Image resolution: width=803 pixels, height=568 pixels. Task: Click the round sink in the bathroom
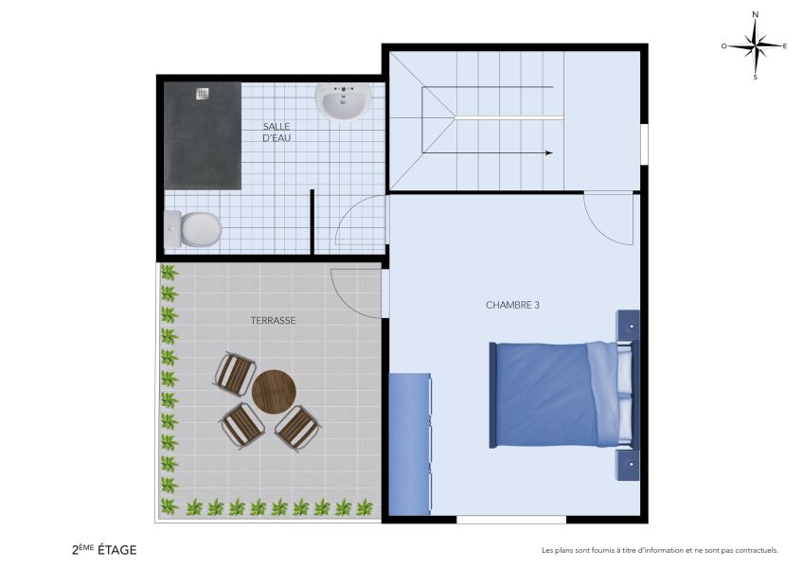coord(342,102)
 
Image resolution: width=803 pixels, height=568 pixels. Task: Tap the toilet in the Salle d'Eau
coord(196,228)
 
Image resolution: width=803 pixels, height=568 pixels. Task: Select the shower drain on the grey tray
coord(202,94)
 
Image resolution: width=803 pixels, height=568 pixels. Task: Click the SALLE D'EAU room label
coord(277,133)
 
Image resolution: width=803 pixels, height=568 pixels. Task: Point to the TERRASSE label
coord(273,320)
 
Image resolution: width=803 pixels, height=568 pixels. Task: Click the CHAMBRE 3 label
coord(512,305)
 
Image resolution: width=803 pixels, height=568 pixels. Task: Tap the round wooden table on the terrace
coord(274,391)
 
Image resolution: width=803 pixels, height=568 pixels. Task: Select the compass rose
coord(755,44)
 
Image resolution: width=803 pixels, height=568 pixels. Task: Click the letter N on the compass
coord(755,15)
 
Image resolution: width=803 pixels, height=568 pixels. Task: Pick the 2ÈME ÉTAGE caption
coord(104,549)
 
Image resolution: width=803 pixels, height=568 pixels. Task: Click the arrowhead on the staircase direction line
coord(548,151)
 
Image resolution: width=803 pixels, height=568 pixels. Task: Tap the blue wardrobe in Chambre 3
coord(410,444)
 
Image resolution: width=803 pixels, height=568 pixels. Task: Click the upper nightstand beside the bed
coord(629,325)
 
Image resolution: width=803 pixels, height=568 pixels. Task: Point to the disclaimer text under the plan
coord(659,550)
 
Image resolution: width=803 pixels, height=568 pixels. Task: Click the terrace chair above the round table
coord(235,372)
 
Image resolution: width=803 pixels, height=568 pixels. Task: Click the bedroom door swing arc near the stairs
coord(606,220)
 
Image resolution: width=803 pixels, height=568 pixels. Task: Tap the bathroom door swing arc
coord(360,225)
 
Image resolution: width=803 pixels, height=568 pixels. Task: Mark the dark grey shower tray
coord(203,135)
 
